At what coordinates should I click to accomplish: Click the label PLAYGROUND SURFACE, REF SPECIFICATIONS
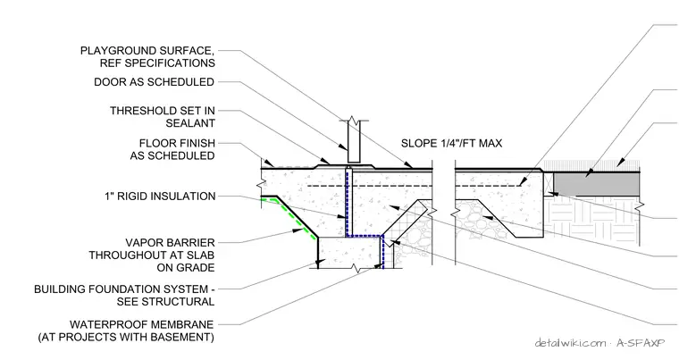click(147, 57)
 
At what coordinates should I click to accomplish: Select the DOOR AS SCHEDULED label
click(155, 82)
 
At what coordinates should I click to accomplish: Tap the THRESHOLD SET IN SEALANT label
click(163, 117)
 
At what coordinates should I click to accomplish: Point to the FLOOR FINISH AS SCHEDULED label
click(172, 149)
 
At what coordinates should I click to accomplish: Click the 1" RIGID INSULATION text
click(160, 197)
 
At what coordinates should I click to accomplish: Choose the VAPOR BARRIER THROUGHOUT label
click(152, 255)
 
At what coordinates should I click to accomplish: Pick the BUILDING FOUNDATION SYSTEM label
click(124, 295)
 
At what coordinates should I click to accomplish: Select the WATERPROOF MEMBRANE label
click(126, 331)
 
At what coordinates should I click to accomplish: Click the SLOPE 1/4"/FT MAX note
click(452, 144)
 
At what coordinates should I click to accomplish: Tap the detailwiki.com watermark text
click(571, 343)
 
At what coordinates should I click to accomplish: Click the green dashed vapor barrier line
click(291, 219)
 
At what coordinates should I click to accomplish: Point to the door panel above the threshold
click(354, 142)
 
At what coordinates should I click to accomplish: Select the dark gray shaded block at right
click(597, 184)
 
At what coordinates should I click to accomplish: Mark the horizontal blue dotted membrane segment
click(365, 236)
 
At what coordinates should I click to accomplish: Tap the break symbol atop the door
click(354, 120)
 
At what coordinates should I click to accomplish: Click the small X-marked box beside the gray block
click(549, 184)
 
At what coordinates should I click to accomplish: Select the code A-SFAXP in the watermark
click(641, 343)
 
